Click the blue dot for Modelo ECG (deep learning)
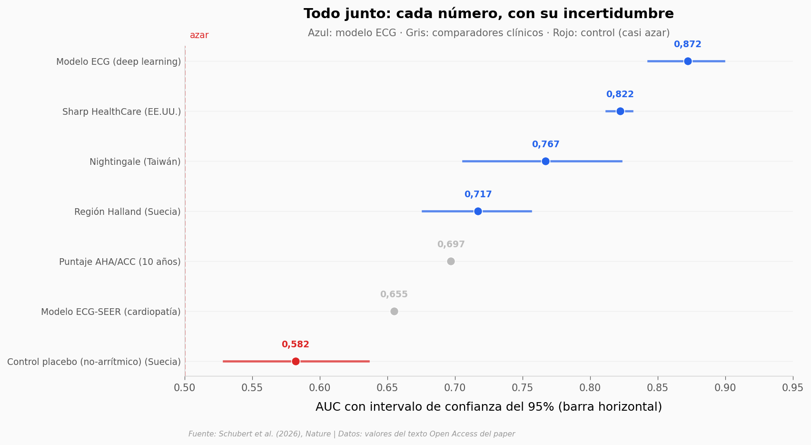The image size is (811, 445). click(688, 61)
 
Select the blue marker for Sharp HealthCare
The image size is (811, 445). click(620, 111)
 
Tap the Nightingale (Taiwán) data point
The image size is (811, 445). click(545, 161)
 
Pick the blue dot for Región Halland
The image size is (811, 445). click(478, 211)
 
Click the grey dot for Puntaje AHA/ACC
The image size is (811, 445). click(451, 261)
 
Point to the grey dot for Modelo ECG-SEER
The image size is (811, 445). click(394, 311)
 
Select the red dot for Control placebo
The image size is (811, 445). click(296, 361)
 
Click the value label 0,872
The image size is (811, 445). click(688, 44)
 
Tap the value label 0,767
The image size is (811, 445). click(545, 144)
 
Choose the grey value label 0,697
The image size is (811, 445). click(451, 244)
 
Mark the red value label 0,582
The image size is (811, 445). click(296, 344)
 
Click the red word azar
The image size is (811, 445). click(199, 35)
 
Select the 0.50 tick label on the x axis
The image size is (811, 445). click(185, 388)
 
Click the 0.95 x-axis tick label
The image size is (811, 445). click(793, 388)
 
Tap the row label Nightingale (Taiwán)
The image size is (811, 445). click(135, 162)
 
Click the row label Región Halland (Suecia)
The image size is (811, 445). click(128, 212)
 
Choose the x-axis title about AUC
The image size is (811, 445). click(489, 407)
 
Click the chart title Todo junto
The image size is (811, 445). click(489, 14)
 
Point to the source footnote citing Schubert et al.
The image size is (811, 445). click(352, 434)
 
